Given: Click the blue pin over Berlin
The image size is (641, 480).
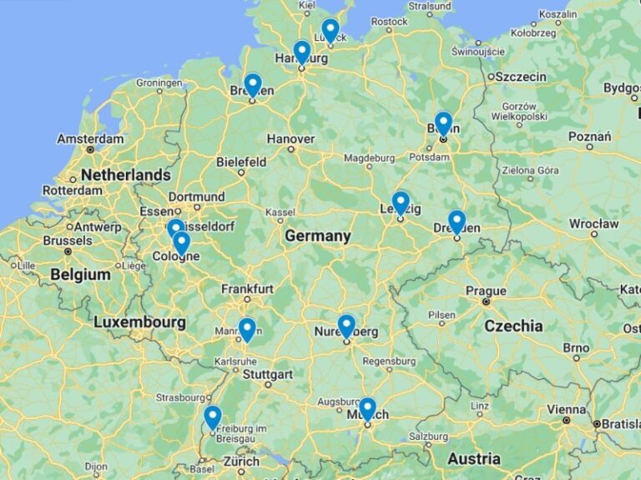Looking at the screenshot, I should tap(443, 124).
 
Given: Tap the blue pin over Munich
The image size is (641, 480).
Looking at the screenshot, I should tap(368, 409).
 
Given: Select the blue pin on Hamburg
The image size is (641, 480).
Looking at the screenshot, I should tap(302, 52).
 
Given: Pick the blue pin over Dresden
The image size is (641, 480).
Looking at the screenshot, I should tap(457, 221).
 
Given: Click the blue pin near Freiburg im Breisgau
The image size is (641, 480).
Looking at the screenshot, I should tap(213, 417).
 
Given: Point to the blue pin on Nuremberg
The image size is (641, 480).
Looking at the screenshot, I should tap(346, 326).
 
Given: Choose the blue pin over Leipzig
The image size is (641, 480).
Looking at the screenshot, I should tap(401, 203).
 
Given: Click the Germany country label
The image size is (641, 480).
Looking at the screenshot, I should tap(317, 236).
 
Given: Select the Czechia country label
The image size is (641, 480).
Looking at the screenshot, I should tap(513, 326).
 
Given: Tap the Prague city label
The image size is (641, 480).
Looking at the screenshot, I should tap(486, 291).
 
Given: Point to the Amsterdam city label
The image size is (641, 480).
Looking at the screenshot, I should tap(90, 139).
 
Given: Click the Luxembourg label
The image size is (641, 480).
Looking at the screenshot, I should tap(139, 321).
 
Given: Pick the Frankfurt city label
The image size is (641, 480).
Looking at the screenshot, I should tap(247, 289).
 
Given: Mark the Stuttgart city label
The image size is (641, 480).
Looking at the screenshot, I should tap(267, 374).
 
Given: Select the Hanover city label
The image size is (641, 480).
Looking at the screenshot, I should tap(290, 139).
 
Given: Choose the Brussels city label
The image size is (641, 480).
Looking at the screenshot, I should tap(67, 240).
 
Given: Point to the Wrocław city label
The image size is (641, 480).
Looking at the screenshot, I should tap(593, 224).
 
